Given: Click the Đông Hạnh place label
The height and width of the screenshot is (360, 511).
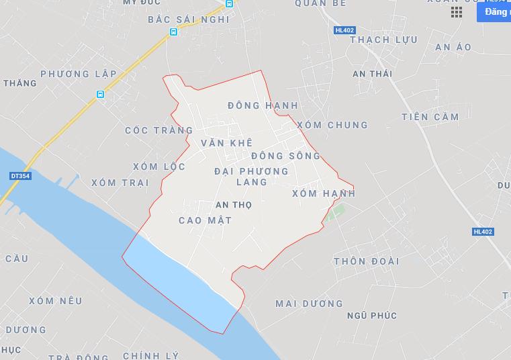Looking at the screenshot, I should (x=263, y=105).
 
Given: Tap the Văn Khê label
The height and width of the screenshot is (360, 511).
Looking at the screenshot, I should (x=226, y=143).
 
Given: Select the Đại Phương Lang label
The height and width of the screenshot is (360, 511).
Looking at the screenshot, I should (x=252, y=177).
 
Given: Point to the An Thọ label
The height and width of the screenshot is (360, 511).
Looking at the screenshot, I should (x=234, y=205).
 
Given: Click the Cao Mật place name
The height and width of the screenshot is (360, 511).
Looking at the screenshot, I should (x=205, y=220).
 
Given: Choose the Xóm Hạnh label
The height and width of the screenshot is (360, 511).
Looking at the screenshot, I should (x=324, y=193).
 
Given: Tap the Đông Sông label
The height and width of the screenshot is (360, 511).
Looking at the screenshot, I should (x=286, y=156).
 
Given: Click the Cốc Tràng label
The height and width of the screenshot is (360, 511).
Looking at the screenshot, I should (x=158, y=130).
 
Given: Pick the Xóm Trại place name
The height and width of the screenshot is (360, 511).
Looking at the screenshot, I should (x=120, y=183).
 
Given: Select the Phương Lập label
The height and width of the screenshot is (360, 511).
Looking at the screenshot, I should (x=79, y=74).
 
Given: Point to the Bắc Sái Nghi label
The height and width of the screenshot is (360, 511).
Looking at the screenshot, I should (x=189, y=19).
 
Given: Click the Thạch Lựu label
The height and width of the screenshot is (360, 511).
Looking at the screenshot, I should (x=383, y=40).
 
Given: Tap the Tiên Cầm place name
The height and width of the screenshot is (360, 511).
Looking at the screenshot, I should (x=430, y=117).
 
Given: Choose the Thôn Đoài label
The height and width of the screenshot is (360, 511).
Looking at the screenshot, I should (x=367, y=261).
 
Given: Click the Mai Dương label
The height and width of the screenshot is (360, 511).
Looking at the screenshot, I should (x=309, y=304).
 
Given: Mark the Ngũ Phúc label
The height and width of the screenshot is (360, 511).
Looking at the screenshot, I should (x=372, y=316).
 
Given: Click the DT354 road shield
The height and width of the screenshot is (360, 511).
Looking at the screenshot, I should (x=20, y=176).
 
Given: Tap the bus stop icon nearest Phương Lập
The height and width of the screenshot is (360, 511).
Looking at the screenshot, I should (x=100, y=95).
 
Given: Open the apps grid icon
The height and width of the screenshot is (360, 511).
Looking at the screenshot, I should (x=457, y=12).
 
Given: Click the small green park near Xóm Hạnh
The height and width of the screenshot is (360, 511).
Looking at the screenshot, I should (x=334, y=215).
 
